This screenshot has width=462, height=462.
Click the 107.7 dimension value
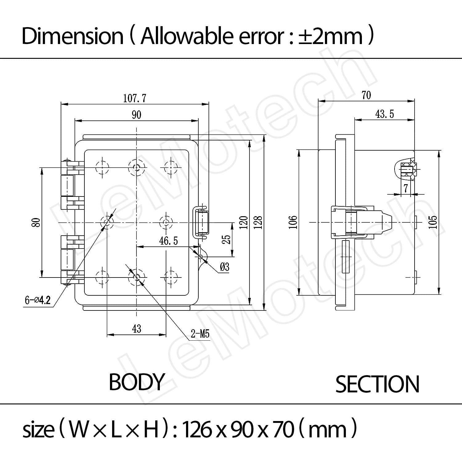click(x=135, y=98)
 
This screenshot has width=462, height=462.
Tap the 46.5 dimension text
click(x=168, y=241)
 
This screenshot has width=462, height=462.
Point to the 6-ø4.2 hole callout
click(x=38, y=300)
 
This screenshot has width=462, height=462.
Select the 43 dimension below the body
click(x=136, y=329)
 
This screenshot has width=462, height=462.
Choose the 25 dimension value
click(x=226, y=239)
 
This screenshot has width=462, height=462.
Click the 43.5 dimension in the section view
click(x=384, y=114)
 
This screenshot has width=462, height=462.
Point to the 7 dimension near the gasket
click(x=406, y=188)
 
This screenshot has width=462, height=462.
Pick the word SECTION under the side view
click(x=377, y=384)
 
